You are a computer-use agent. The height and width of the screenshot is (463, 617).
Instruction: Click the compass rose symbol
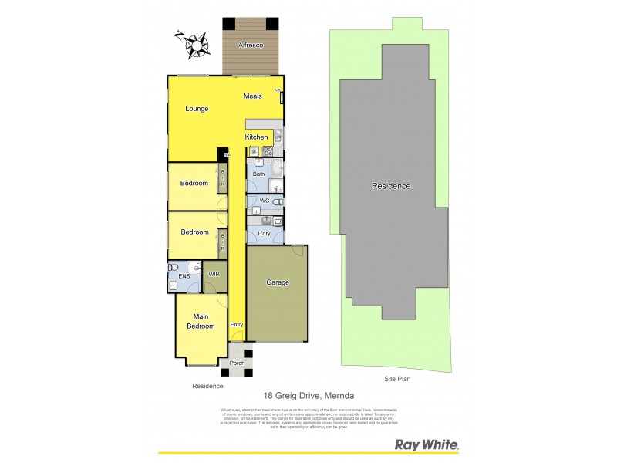tap(194, 45)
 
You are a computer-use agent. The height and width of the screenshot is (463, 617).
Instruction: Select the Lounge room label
tap(196, 109)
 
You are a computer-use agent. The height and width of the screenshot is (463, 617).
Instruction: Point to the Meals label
tap(253, 96)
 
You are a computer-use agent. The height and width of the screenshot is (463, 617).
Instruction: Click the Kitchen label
tap(257, 137)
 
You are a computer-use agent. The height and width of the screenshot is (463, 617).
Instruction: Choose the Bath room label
tap(259, 174)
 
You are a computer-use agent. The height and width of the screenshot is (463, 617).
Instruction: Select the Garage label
tap(277, 282)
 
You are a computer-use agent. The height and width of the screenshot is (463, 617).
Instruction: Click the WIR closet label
tap(214, 274)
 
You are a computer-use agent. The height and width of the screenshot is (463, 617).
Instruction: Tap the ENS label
tap(184, 275)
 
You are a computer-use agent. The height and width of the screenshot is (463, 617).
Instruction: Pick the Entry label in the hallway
tap(237, 325)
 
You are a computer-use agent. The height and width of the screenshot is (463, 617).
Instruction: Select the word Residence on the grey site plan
tap(391, 186)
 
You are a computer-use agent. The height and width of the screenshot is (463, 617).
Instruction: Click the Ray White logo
tap(427, 444)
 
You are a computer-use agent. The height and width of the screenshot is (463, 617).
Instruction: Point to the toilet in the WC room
tap(278, 202)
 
